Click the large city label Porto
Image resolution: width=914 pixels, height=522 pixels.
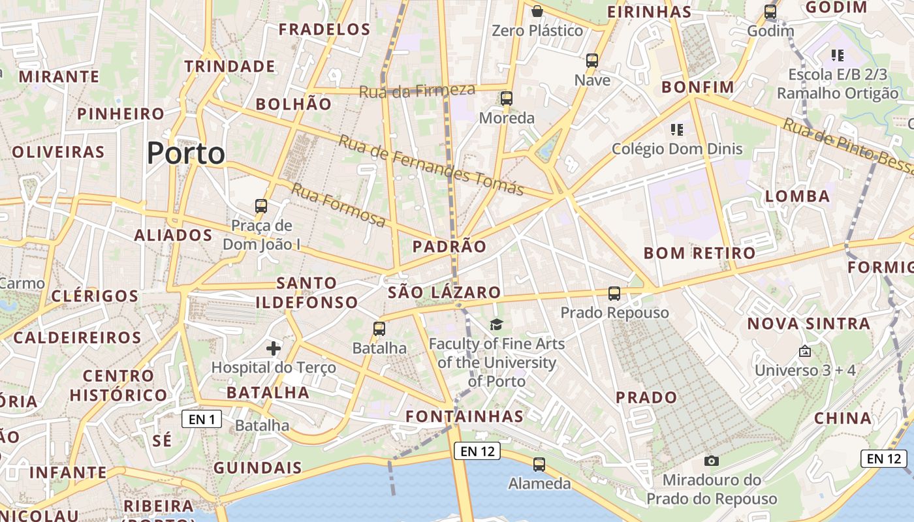(186, 153)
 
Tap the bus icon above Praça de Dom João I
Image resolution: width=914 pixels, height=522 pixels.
(261, 206)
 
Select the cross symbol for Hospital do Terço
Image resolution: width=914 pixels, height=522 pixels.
(274, 348)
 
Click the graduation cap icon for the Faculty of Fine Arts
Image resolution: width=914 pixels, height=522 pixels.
(497, 324)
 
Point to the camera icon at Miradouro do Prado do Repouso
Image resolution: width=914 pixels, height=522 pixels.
(712, 461)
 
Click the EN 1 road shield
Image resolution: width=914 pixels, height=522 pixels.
(202, 419)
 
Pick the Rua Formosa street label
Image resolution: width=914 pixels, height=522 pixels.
(338, 205)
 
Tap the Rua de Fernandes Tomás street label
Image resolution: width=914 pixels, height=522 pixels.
(431, 165)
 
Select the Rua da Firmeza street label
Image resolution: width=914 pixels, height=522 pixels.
(417, 91)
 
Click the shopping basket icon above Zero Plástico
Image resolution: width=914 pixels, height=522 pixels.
(537, 11)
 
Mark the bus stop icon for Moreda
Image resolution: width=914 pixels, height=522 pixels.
(507, 99)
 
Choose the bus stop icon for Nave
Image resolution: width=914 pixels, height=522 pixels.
(592, 61)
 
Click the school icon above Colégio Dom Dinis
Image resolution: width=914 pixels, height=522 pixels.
(676, 130)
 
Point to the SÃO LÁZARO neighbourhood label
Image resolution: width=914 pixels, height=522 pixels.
(445, 292)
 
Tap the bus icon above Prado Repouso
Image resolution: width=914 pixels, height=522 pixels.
(614, 294)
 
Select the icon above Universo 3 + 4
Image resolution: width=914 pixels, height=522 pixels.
(805, 351)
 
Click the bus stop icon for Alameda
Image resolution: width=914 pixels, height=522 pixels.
(539, 465)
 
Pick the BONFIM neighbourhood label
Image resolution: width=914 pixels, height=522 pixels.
(698, 87)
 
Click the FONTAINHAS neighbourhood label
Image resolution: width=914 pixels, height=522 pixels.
(465, 416)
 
